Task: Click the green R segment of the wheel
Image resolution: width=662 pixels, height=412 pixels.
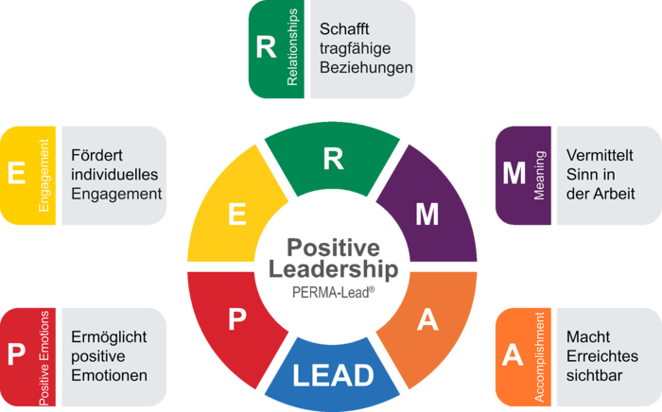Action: pos(332,159)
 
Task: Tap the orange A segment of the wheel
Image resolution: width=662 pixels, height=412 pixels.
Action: pos(427,320)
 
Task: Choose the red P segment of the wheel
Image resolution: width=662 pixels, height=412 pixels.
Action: pos(236,320)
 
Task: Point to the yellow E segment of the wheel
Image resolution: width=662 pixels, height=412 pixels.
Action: pos(236,215)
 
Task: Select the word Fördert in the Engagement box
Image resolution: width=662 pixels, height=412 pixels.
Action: pos(97,155)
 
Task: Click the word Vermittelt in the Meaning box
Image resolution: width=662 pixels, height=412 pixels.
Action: pos(600,155)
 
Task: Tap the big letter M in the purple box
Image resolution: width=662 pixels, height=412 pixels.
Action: pos(514,173)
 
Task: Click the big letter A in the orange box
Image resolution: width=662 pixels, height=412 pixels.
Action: pos(513,354)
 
